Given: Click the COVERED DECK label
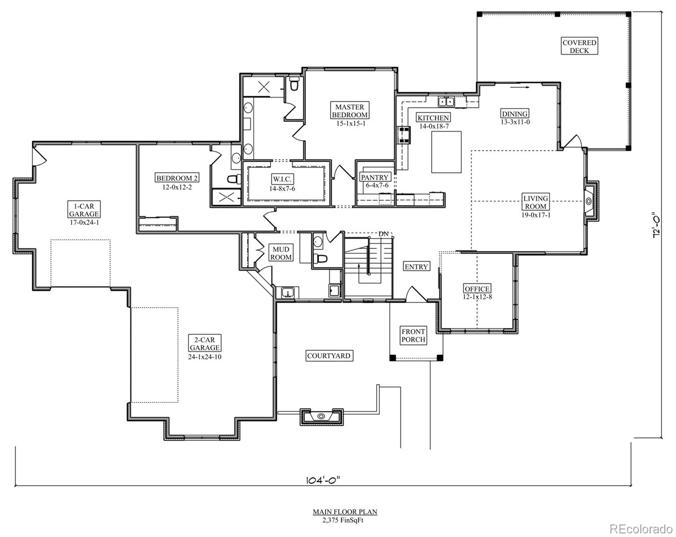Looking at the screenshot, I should [x=579, y=47].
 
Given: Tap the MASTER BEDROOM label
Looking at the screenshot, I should [x=350, y=111].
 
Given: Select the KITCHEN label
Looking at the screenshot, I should [x=433, y=118].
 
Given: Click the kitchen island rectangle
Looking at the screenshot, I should [x=446, y=153].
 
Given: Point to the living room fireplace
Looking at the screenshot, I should [x=589, y=200].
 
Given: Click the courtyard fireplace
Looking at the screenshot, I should [x=321, y=417].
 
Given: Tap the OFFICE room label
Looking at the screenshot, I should [x=477, y=289].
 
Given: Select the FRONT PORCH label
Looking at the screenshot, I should [x=413, y=336].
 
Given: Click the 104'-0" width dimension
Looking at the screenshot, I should [x=323, y=480].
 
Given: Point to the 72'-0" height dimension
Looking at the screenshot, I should [x=656, y=225].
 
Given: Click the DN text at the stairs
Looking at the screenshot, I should [x=383, y=234].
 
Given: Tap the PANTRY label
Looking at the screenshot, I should [x=375, y=177].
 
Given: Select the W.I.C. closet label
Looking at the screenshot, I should [x=282, y=179].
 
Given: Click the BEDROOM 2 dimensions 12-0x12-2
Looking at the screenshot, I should [x=177, y=187].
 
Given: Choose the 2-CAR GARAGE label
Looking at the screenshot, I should [x=204, y=344].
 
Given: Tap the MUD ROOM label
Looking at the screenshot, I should [x=281, y=253].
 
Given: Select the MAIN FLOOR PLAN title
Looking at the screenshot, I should [x=344, y=511].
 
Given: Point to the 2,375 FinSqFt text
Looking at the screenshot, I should [x=344, y=520].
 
